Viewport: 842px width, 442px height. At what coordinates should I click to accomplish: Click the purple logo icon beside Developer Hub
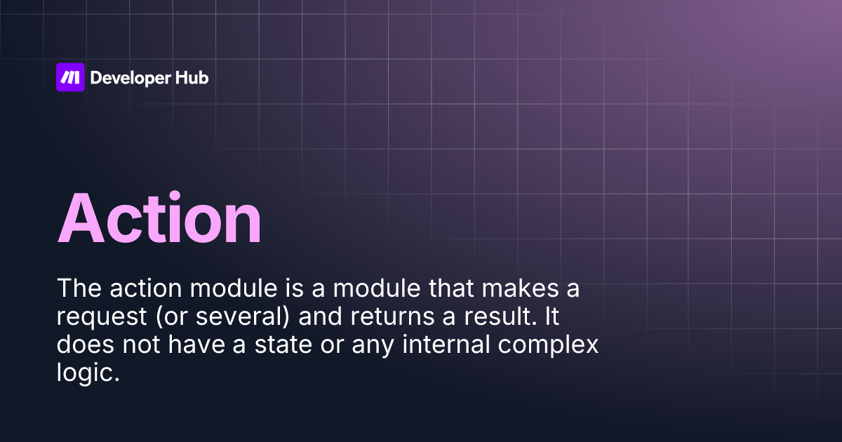(70, 77)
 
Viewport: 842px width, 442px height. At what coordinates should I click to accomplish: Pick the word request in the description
(95, 317)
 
